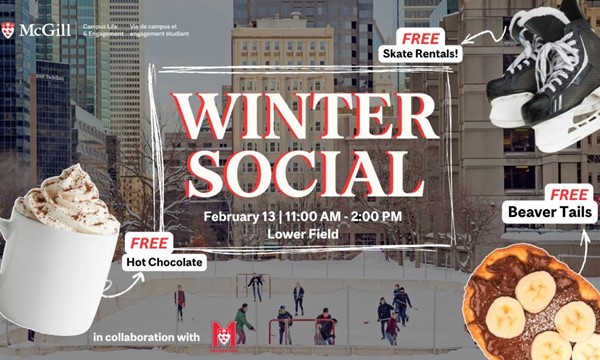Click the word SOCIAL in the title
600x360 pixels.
click(304, 171)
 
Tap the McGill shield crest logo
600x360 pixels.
click(8, 29)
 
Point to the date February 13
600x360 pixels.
click(239, 216)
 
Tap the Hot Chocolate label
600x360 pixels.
click(165, 263)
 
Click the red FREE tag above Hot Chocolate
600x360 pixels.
click(150, 243)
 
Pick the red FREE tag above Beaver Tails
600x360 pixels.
click(568, 193)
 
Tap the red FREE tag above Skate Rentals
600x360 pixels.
click(422, 38)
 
